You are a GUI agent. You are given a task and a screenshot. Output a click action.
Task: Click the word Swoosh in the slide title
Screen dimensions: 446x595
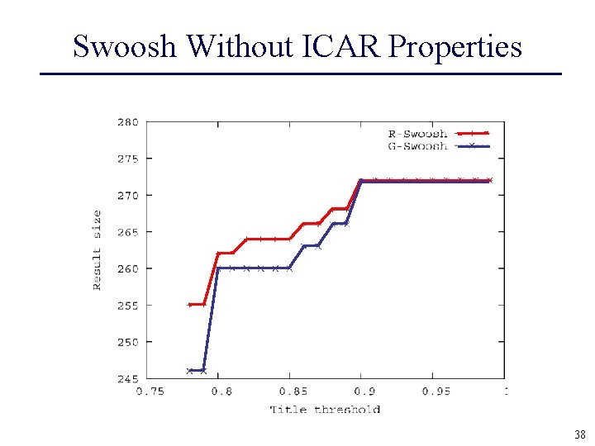(x=125, y=46)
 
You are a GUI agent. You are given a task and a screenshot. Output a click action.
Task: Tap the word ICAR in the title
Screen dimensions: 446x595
(x=345, y=46)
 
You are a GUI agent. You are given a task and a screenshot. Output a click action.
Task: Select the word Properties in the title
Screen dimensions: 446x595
(x=455, y=46)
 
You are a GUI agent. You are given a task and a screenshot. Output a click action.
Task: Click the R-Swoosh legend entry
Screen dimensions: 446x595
(x=417, y=133)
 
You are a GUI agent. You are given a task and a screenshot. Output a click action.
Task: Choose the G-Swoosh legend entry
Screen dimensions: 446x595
(x=417, y=146)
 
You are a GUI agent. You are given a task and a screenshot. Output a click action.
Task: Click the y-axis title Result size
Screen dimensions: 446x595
(x=97, y=250)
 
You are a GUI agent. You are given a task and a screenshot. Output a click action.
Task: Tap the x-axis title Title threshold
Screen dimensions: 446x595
(x=325, y=409)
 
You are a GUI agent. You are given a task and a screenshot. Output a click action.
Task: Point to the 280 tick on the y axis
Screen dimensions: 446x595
(x=127, y=122)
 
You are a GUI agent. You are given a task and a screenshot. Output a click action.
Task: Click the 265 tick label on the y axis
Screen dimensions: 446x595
(x=127, y=232)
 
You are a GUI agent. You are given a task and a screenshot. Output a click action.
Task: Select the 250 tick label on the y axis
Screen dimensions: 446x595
(x=127, y=342)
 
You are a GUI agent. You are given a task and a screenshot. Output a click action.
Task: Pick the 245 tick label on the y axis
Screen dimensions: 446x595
(x=127, y=379)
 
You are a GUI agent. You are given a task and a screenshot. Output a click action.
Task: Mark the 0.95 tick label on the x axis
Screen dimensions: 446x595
(x=436, y=391)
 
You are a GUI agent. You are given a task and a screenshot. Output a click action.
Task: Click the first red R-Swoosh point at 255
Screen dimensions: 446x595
(x=190, y=305)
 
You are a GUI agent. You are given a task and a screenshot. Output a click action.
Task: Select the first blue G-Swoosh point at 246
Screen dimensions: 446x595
(x=190, y=371)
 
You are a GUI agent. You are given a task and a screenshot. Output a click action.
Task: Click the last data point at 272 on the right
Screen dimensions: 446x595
(x=489, y=180)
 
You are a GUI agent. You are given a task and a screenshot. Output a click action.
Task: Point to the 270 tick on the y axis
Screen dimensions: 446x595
(x=127, y=196)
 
